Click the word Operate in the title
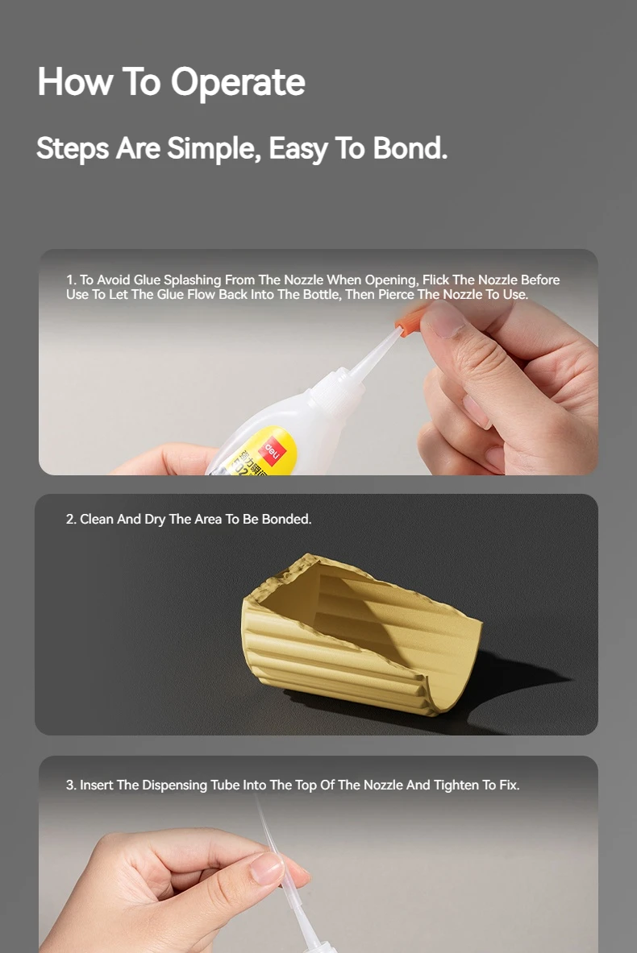tap(238, 83)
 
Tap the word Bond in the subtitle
tap(410, 148)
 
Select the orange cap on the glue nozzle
tap(409, 321)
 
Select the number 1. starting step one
tap(71, 280)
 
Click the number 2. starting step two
tap(71, 520)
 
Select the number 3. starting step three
tap(71, 785)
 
